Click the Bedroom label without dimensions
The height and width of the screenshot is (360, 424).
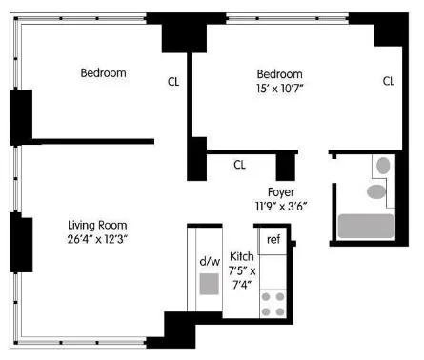coord(103,73)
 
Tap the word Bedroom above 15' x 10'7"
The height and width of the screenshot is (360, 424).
coord(279,74)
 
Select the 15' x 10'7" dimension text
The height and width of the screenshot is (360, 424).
coord(279,90)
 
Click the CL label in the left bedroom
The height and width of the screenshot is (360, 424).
coord(173,81)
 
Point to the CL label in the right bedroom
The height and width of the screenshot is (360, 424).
coord(389,81)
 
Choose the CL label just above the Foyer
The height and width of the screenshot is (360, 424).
coord(239,164)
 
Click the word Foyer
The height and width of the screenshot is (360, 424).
coord(279,190)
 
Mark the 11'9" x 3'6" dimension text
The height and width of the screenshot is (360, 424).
coord(280,205)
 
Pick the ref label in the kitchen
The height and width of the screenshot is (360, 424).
coord(273,239)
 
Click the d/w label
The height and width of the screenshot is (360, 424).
coord(210,260)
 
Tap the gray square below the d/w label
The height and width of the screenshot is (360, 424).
coord(210,284)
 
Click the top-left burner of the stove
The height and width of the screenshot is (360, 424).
coord(267,295)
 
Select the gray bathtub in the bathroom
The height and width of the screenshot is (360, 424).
coord(366,226)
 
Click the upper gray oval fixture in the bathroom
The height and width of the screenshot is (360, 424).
coord(382,166)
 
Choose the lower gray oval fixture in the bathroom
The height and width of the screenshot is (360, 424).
coord(376,191)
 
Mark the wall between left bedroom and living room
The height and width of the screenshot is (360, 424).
coord(86,141)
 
